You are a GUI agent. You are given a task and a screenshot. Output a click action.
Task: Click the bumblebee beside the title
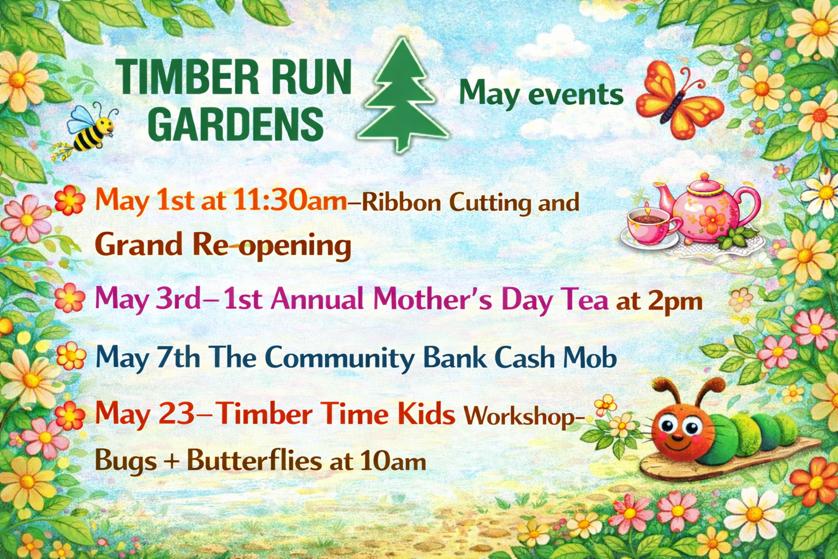pyautogui.click(x=90, y=129)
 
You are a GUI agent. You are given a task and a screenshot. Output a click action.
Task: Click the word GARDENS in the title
pyautogui.click(x=236, y=124)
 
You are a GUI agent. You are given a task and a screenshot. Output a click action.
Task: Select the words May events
pyautogui.click(x=541, y=94)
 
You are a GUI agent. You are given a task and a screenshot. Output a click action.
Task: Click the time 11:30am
pyautogui.click(x=290, y=201)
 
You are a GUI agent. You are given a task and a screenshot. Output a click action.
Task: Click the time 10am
pyautogui.click(x=392, y=462)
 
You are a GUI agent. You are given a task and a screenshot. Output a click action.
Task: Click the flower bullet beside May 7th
pyautogui.click(x=71, y=356)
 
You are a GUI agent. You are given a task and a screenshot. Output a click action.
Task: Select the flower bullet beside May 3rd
pyautogui.click(x=70, y=298)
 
